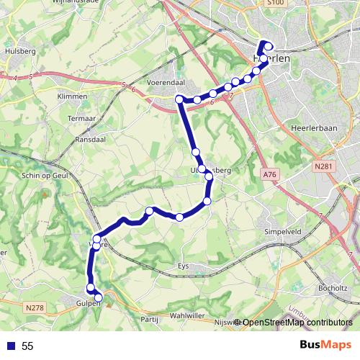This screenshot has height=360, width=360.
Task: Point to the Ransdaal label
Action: [x=91, y=139]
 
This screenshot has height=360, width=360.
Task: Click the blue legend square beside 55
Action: [x=10, y=346]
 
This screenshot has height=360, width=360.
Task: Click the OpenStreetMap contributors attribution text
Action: [x=296, y=323]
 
